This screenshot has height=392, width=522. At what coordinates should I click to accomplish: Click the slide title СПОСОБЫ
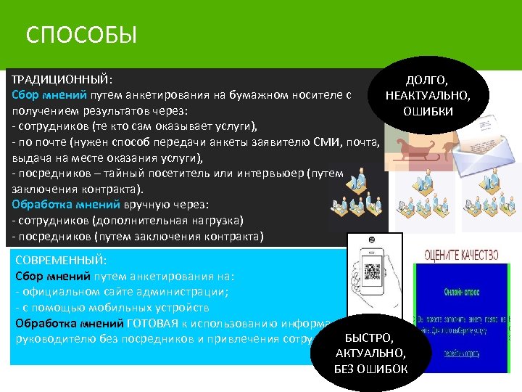(80, 35)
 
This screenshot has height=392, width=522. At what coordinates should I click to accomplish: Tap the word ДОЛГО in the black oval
(427, 80)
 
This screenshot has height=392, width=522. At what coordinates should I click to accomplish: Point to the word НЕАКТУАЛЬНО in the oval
(427, 95)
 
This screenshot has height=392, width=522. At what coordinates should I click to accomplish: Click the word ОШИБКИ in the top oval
(427, 111)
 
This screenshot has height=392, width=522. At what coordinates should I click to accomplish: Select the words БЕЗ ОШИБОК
(370, 369)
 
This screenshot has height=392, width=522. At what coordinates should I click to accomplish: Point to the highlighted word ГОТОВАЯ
(152, 323)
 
